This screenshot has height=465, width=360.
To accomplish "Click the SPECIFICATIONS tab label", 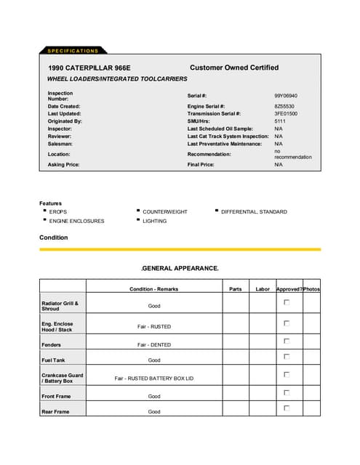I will tap(72, 51).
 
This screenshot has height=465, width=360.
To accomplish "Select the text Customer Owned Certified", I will tap(233, 68).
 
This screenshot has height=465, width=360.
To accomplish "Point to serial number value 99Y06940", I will tap(285, 96).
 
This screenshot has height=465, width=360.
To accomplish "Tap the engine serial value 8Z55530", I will tap(284, 106).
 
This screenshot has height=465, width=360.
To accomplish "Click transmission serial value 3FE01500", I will tap(285, 114).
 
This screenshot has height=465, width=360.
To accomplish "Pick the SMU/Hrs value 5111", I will tap(279, 121).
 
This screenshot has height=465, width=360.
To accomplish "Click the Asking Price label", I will tap(64, 165).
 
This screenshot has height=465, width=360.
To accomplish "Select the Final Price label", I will tap(201, 165).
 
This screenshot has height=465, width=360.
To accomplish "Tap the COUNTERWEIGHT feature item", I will tap(165, 212).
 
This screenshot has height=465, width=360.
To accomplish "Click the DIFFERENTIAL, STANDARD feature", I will tap(254, 212).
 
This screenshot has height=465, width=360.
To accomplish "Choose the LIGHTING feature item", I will tap(154, 221).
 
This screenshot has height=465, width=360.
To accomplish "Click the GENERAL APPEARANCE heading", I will tap(180, 268).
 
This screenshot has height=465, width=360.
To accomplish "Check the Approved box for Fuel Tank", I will tap(287, 357).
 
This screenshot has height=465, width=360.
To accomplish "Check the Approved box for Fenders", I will tap(287, 341).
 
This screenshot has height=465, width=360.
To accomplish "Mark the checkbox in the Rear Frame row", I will tap(287, 408).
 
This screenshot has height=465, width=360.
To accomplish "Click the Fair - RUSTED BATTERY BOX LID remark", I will tap(154, 379).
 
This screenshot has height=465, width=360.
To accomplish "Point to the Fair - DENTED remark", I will tap(154, 344).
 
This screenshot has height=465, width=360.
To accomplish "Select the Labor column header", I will tap(263, 289).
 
